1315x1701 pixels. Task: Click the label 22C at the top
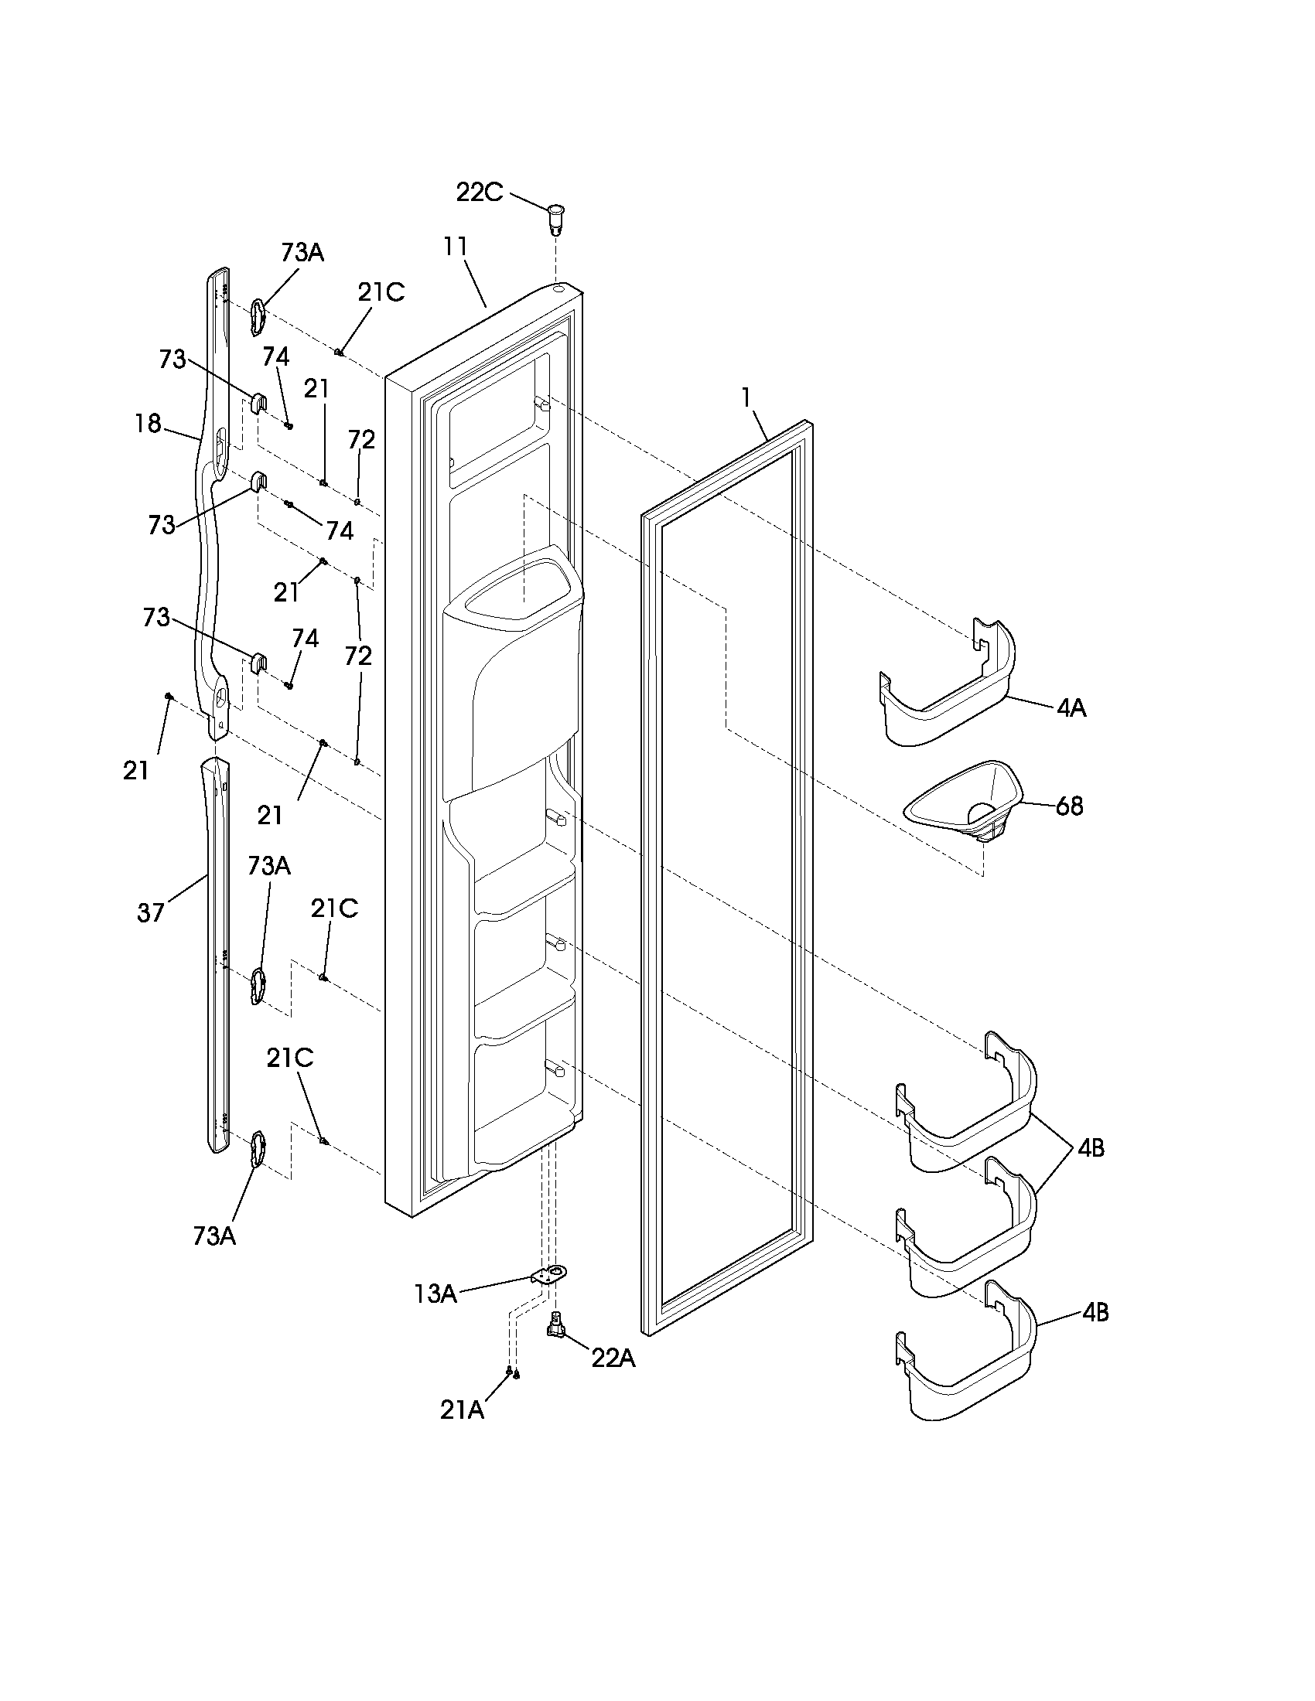[x=479, y=192]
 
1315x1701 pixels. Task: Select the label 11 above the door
[x=455, y=246]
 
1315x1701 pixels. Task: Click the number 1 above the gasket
[x=746, y=397]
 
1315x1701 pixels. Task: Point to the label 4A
[x=1071, y=708]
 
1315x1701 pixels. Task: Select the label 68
[x=1069, y=806]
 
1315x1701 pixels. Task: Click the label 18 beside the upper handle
[x=147, y=424]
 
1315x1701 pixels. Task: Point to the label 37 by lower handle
[x=150, y=912]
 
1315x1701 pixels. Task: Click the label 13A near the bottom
[x=435, y=1294]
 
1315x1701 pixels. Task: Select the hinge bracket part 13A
[x=550, y=1275]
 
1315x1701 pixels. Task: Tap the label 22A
[x=613, y=1358]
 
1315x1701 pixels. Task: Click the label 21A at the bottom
[x=462, y=1410]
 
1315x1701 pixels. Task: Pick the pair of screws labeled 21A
[x=512, y=1372]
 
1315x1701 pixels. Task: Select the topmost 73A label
[x=302, y=252]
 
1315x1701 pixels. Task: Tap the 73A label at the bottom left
[x=214, y=1236]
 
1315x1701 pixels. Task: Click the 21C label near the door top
[x=381, y=292]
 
